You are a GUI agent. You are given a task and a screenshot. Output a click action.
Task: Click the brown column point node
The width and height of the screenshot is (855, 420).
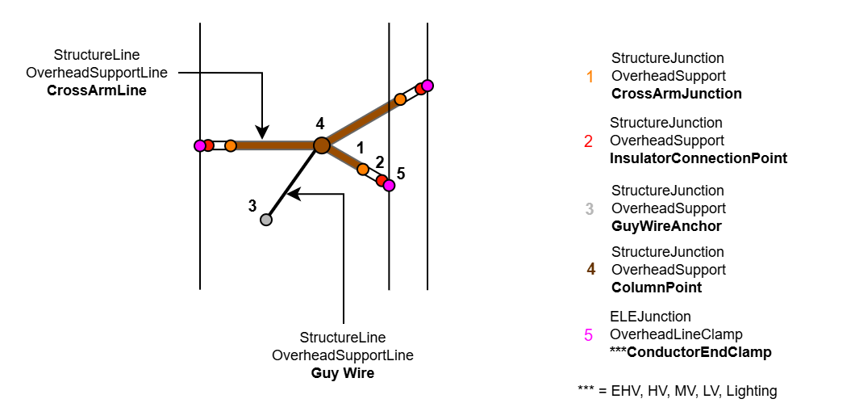tap(321, 145)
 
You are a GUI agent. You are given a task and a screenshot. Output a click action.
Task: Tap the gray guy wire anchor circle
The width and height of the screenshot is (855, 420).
tap(266, 219)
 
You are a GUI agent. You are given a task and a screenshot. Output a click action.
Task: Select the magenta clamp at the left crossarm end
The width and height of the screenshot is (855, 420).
tap(199, 145)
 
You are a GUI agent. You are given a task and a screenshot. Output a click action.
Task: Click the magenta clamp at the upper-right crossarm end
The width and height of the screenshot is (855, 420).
tap(427, 86)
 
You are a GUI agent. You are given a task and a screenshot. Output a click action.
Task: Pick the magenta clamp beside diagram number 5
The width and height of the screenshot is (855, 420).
tap(390, 185)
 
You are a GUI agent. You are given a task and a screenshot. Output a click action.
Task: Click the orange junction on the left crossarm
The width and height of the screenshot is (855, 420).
tap(231, 145)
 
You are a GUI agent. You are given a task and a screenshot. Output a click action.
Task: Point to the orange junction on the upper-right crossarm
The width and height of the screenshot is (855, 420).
tap(400, 100)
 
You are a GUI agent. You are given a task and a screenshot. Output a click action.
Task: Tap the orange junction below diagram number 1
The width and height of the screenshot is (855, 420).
tap(363, 169)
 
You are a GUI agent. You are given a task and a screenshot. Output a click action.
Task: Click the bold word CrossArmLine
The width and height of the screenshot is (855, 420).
tap(97, 90)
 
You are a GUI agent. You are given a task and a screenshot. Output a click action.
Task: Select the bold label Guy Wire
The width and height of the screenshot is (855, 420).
tap(343, 373)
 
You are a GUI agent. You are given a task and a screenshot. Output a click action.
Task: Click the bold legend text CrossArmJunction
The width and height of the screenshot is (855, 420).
tap(676, 94)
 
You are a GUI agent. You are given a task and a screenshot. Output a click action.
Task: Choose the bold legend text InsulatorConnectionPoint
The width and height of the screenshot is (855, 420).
tap(699, 158)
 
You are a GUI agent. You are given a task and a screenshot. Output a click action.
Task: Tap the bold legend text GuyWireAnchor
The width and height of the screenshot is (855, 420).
tap(666, 226)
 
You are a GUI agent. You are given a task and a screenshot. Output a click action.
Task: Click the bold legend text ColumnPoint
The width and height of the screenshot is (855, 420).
tap(657, 288)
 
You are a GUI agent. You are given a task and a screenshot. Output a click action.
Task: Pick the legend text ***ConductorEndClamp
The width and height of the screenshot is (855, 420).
tap(690, 352)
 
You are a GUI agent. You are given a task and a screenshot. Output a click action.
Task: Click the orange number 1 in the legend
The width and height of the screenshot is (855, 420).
tap(590, 77)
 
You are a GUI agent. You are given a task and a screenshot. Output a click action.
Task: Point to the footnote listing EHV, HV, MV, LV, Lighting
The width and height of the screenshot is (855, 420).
tap(677, 391)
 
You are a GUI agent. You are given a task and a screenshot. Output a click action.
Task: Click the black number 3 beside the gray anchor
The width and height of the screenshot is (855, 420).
tap(252, 205)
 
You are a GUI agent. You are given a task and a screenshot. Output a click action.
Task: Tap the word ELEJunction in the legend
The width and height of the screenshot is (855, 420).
tap(650, 317)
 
